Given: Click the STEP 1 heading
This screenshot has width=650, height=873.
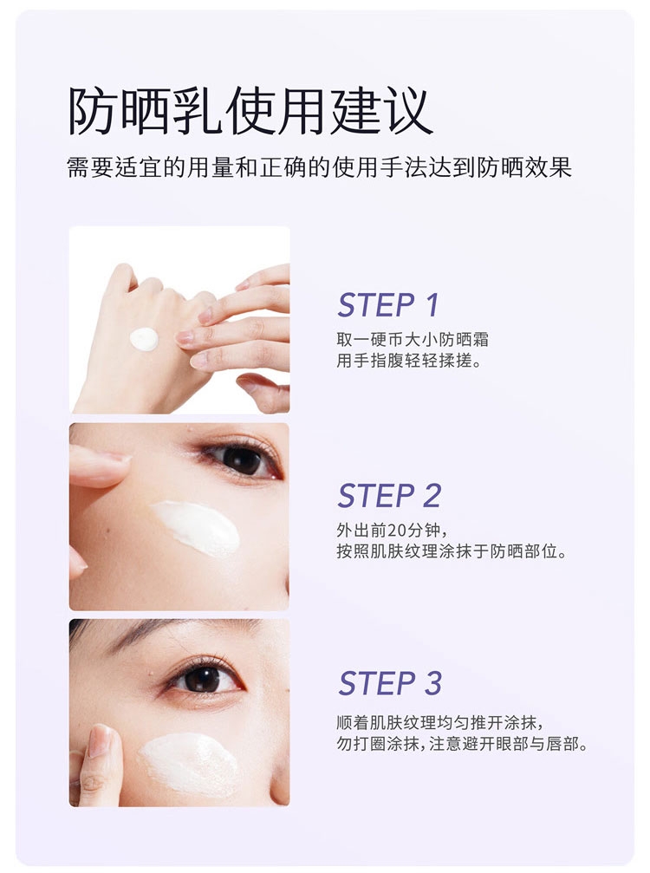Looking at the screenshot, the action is click(x=388, y=305).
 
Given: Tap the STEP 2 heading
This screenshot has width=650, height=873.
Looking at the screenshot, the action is click(x=389, y=496).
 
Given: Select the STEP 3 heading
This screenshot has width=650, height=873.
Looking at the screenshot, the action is click(x=390, y=683).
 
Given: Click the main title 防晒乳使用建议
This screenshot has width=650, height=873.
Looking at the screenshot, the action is click(x=250, y=111).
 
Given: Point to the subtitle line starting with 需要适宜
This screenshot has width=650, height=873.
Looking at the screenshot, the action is click(x=320, y=167).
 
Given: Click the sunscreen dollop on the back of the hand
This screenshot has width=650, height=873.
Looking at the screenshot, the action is click(x=144, y=339).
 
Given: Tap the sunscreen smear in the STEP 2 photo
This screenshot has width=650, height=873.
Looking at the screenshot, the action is click(x=195, y=527).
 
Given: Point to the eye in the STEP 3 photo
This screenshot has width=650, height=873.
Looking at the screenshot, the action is click(x=203, y=679).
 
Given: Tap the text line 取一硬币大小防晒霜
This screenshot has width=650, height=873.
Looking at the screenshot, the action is click(x=413, y=340).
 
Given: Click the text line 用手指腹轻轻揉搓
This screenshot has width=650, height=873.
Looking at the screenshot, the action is click(x=409, y=361).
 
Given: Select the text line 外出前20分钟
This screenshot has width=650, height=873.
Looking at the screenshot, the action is click(x=392, y=530).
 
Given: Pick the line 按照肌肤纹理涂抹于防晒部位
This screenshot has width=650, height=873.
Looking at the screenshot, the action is click(x=452, y=551).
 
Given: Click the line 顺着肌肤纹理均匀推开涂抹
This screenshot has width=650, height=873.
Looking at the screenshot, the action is click(x=439, y=722).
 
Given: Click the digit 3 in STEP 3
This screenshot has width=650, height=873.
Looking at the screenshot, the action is click(x=433, y=683).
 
